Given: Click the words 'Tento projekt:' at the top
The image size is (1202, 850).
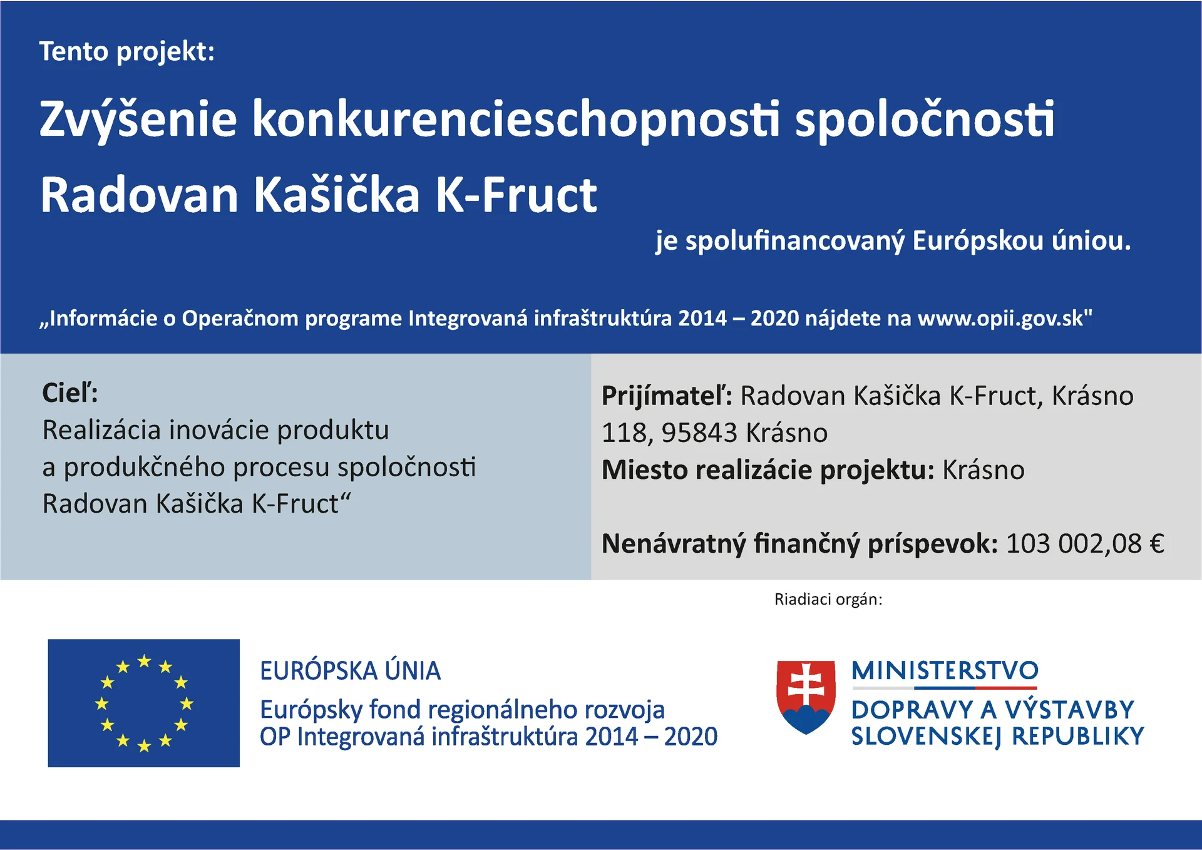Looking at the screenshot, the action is click(x=127, y=52).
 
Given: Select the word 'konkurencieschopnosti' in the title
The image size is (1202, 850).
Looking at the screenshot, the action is click(x=516, y=120).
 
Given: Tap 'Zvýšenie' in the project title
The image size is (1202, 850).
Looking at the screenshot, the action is click(x=138, y=120).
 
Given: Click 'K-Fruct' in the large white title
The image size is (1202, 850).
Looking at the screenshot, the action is click(x=516, y=195).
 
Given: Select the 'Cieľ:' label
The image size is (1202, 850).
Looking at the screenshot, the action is click(x=70, y=393).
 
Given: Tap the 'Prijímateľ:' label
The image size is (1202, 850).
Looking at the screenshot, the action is click(x=667, y=396).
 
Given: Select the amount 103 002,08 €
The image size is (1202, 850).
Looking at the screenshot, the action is click(x=1085, y=543).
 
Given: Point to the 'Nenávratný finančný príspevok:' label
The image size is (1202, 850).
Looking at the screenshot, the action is click(x=799, y=544).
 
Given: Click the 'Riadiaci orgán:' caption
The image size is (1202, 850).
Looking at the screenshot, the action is click(x=828, y=600).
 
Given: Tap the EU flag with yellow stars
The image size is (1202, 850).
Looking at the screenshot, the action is click(x=144, y=703).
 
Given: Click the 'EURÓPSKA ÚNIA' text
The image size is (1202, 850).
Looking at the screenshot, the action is click(x=351, y=670).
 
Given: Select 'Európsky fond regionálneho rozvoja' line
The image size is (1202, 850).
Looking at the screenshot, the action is click(x=462, y=710).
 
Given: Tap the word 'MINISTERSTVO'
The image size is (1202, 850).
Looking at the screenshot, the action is click(x=945, y=671).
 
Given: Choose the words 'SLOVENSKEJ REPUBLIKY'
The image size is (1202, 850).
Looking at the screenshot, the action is click(x=998, y=737).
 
